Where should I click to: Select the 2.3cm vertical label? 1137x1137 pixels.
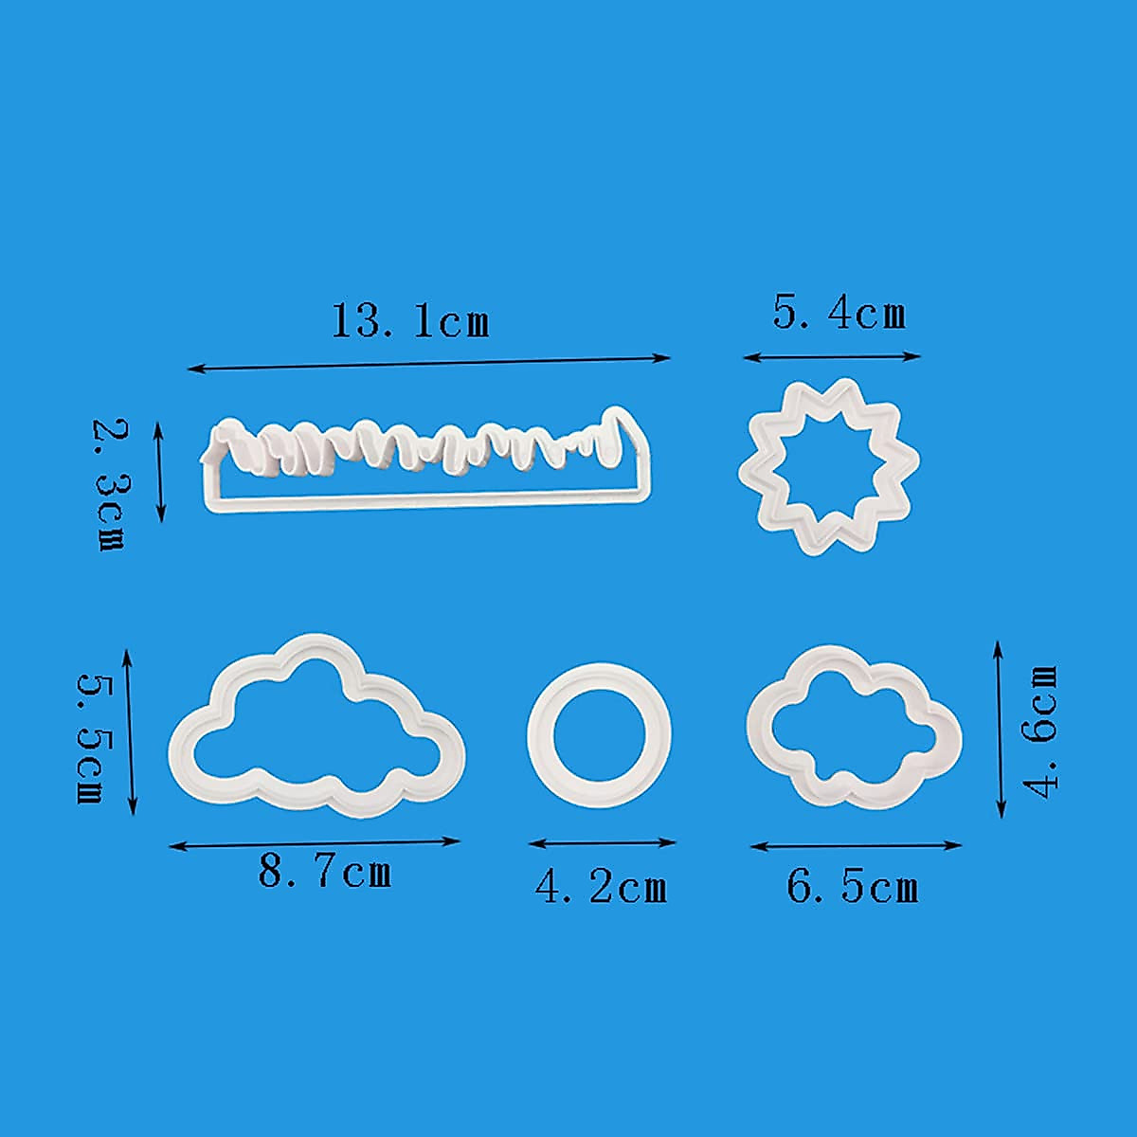pos(109,484)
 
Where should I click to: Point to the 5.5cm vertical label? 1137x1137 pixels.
pos(91,738)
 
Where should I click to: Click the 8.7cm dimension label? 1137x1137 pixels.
pos(325,871)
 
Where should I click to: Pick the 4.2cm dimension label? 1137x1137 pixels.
pos(601,886)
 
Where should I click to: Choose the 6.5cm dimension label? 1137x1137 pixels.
pos(852,887)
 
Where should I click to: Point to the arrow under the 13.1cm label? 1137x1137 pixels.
pos(429,362)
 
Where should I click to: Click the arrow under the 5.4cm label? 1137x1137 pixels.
pos(832,357)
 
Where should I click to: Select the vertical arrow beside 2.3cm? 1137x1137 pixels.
pos(159,472)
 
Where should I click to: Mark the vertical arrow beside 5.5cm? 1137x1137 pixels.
pos(130,731)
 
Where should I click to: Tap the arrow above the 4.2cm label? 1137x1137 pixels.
pos(602,842)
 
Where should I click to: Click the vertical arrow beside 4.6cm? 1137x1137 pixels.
pos(1000,729)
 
